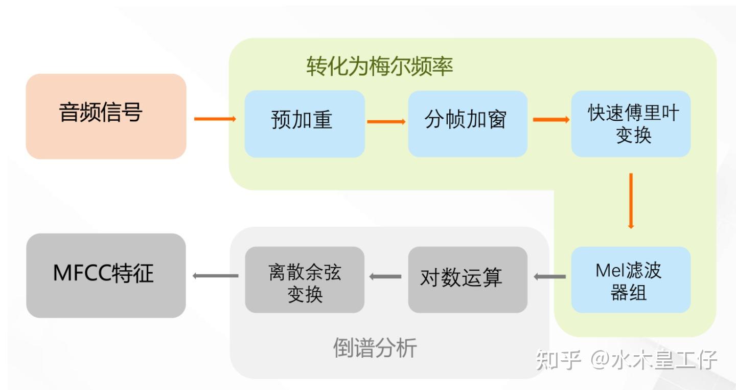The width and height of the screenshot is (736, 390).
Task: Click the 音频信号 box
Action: coord(106,116)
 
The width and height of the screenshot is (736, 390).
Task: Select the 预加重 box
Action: coord(305,123)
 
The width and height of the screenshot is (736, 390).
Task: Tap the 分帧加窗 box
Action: coord(467,123)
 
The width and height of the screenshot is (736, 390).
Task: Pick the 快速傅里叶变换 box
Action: coord(631,123)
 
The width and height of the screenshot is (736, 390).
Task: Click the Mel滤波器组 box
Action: coord(631,280)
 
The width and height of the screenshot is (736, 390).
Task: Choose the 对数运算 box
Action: coord(467,279)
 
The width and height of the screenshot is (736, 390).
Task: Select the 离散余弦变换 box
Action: coord(305,279)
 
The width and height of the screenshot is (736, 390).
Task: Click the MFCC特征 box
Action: coord(106,275)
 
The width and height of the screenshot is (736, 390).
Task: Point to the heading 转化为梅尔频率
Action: coord(380,67)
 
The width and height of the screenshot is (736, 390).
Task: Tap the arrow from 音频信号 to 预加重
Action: coord(215,119)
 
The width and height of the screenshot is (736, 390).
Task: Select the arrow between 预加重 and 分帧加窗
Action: coord(386,122)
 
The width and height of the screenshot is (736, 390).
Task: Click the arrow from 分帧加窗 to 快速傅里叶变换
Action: coord(551,120)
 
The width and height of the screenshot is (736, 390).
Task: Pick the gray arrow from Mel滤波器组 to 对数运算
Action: coord(549,277)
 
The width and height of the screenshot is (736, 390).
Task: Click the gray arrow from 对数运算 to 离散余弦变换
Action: coord(385,277)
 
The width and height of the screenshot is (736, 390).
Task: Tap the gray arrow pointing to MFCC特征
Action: coord(215,276)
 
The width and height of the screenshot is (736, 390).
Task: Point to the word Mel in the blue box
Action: coord(608,270)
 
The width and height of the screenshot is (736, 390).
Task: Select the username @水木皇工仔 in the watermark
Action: coord(655,360)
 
